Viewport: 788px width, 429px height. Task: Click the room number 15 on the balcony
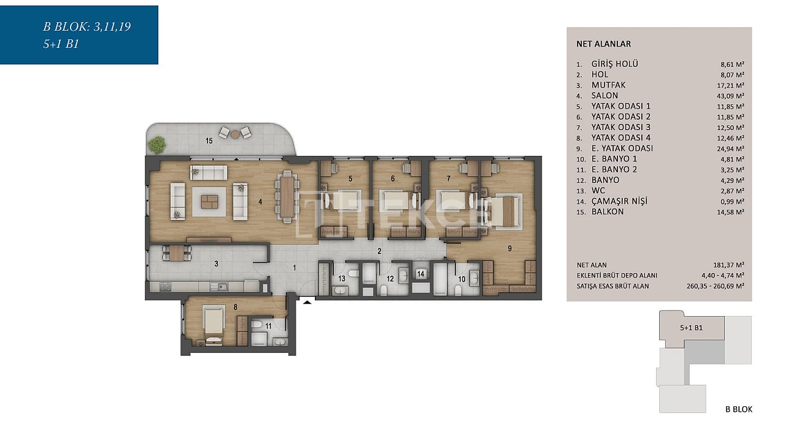209,141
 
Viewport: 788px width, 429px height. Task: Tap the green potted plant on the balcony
156,145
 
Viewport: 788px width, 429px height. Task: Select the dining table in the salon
287,196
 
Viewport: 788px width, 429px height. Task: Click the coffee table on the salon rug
209,202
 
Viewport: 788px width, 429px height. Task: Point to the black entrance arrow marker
307,301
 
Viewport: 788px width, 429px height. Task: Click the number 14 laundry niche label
421,274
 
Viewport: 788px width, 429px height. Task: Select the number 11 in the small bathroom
268,327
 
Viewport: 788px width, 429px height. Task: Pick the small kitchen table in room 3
177,253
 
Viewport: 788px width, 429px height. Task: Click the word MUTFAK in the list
608,85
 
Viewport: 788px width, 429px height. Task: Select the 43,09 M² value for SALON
730,96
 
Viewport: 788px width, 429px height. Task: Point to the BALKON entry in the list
607,212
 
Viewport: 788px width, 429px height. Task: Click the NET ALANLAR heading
604,44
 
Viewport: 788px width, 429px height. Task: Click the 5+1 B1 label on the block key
691,328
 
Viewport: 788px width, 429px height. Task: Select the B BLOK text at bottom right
739,409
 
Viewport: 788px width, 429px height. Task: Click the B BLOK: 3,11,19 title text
87,27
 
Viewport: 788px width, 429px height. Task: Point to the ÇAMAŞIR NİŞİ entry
619,201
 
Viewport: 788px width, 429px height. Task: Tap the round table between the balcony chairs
235,134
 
